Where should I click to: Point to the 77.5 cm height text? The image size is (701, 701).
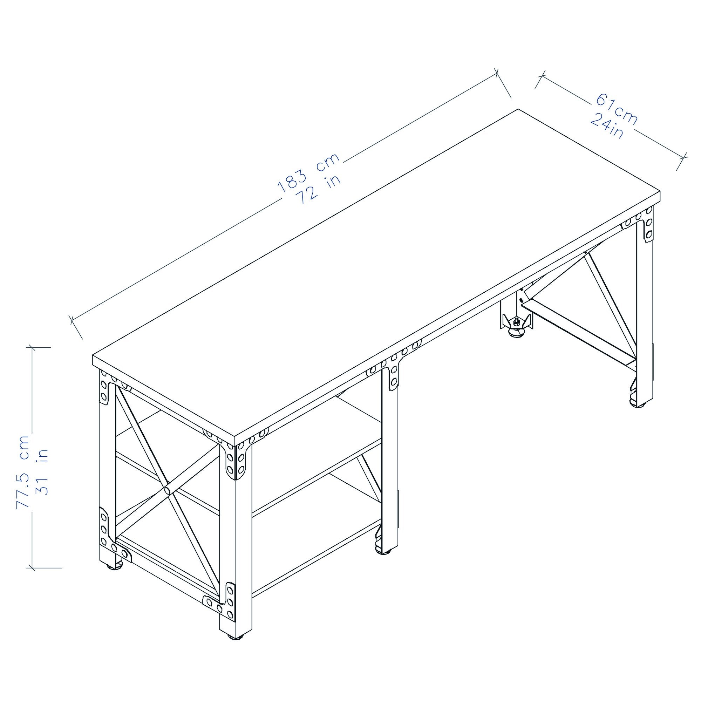point(22,472)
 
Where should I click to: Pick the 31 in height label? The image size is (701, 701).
point(42,472)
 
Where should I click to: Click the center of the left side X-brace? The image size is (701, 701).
point(167,490)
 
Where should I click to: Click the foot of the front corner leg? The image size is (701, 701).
point(236,647)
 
